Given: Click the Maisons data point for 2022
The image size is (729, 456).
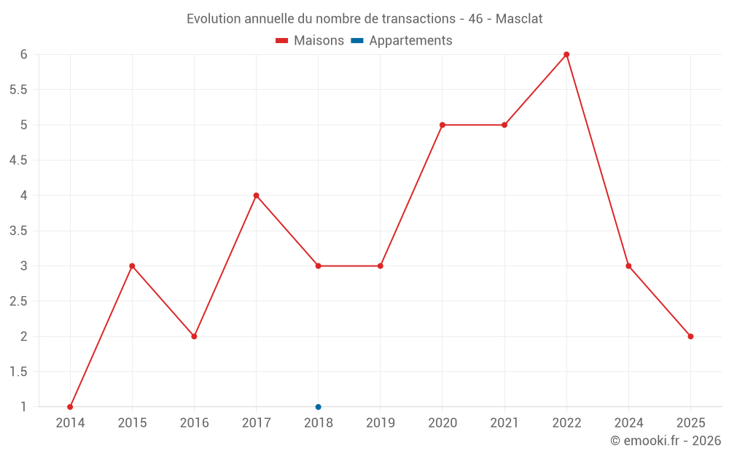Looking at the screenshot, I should tap(566, 55).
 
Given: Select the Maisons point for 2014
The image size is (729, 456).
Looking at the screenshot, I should tap(70, 407).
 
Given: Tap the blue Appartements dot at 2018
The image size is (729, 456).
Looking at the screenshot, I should tap(319, 407).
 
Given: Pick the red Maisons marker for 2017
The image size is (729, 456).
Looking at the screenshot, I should tap(256, 196).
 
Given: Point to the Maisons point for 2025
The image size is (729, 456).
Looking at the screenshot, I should tap(690, 336).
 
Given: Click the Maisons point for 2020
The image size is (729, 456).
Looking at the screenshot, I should tap(443, 125).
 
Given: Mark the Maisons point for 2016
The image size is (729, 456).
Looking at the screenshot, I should tap(194, 336).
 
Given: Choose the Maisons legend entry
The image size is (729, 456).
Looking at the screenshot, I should tap(310, 41).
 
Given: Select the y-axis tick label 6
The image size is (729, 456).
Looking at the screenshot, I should tap(23, 55).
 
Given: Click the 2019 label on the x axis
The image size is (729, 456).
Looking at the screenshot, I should tap(381, 422).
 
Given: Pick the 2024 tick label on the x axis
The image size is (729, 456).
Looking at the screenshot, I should tap(628, 422).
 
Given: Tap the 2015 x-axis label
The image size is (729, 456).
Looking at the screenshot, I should tap(132, 422).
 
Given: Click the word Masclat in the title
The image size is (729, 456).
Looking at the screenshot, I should tap(519, 19).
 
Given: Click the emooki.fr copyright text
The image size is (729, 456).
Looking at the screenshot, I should tap(666, 441).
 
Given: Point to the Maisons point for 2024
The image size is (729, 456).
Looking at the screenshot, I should tap(628, 266).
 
